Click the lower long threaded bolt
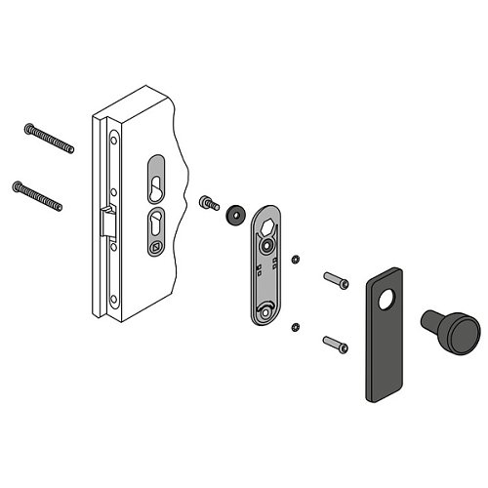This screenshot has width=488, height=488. [39, 194]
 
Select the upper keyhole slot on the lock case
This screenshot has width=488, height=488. [156, 175]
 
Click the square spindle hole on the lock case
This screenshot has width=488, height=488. [154, 249]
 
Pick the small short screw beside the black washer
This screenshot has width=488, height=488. [208, 203]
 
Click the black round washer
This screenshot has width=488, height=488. [233, 215]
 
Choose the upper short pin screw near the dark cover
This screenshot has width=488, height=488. [335, 281]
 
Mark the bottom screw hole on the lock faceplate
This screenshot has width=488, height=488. [113, 298]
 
